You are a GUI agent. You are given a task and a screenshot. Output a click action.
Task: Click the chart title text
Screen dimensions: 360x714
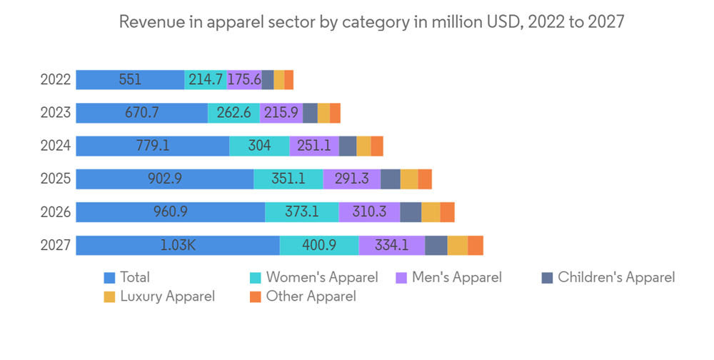tap(371, 22)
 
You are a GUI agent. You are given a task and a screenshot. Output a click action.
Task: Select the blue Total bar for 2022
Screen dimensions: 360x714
tap(130, 79)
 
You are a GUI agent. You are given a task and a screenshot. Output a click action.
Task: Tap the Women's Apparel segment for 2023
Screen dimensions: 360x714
tap(233, 113)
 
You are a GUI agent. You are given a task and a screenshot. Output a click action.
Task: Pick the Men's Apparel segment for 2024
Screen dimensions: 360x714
tap(314, 146)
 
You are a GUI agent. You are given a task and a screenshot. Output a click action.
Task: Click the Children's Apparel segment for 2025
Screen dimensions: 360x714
tap(390, 179)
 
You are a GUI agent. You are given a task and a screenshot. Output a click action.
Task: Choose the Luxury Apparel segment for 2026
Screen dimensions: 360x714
tap(431, 212)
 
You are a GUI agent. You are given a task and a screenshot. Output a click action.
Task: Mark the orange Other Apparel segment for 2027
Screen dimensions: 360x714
tap(476, 245)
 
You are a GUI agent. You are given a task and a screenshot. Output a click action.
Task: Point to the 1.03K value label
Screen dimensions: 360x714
tap(178, 245)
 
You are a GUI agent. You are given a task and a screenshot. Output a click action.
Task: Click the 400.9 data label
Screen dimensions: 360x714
tap(318, 245)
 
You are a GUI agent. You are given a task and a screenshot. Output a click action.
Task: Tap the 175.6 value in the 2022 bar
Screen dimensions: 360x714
tap(244, 79)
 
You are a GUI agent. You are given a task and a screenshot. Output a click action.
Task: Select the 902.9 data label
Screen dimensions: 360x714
tap(164, 179)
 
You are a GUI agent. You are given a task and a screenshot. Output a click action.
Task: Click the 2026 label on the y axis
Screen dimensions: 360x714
tap(55, 212)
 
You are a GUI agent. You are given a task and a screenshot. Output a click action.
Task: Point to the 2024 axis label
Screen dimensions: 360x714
tap(55, 146)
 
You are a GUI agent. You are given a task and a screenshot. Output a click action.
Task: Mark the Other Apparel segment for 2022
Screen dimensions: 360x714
tap(288, 79)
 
